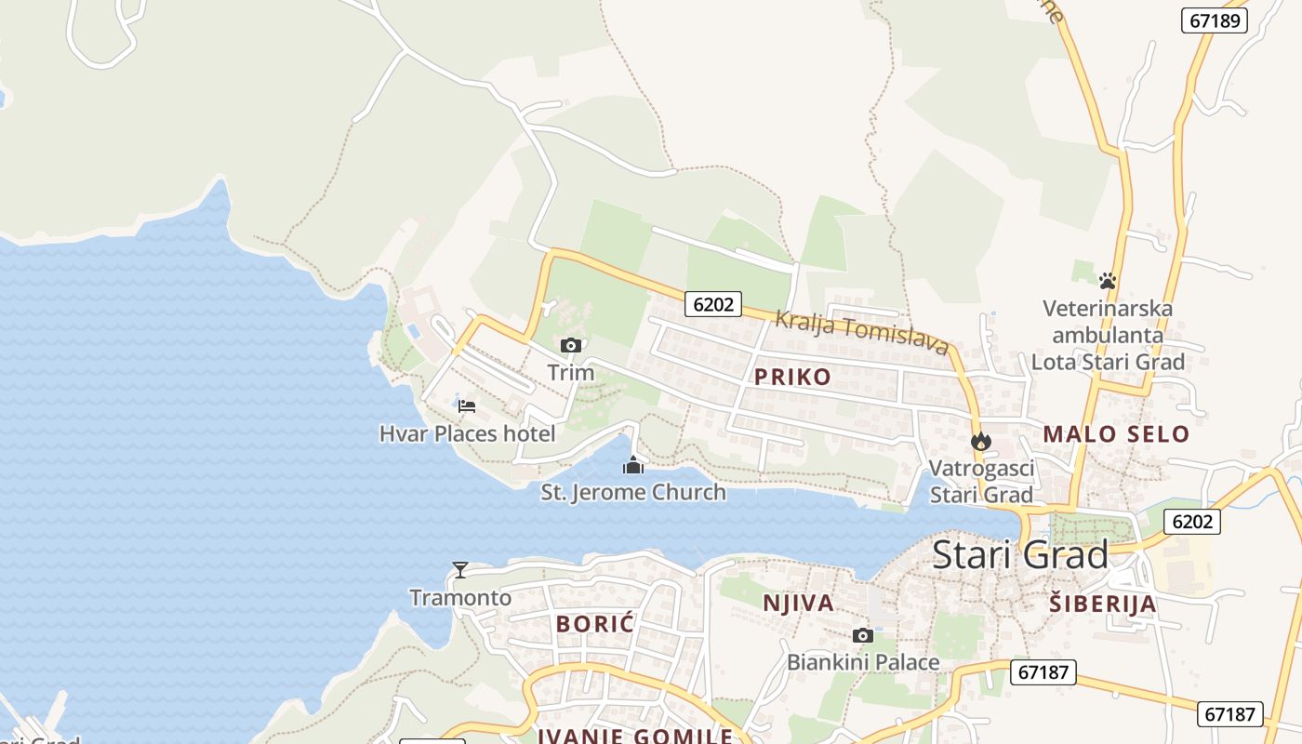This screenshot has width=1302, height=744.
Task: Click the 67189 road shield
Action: click(1215, 20)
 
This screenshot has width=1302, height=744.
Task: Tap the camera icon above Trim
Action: click(571, 346)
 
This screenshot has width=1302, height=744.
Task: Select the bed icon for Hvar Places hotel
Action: click(467, 405)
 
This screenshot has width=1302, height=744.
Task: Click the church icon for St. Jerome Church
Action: click(633, 465)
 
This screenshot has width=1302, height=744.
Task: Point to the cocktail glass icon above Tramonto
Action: click(460, 569)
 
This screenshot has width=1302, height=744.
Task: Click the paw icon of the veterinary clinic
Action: click(1107, 280)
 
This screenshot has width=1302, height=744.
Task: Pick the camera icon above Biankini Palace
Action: click(863, 636)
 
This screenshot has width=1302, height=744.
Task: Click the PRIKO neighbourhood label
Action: click(792, 377)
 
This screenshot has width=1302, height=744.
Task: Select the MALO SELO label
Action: click(1116, 433)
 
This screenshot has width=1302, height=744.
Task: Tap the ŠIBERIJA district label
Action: click(1103, 604)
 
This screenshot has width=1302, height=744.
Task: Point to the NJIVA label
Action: click(798, 603)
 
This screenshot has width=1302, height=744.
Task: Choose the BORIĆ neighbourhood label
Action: click(595, 623)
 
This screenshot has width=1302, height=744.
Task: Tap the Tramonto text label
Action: click(460, 597)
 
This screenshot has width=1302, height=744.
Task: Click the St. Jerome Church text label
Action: click(633, 492)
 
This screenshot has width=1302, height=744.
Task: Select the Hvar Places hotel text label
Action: click(467, 433)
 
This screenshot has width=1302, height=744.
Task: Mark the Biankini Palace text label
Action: click(863, 662)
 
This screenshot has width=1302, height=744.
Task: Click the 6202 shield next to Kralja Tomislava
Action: click(713, 303)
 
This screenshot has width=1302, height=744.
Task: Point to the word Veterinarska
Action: click(1108, 308)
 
